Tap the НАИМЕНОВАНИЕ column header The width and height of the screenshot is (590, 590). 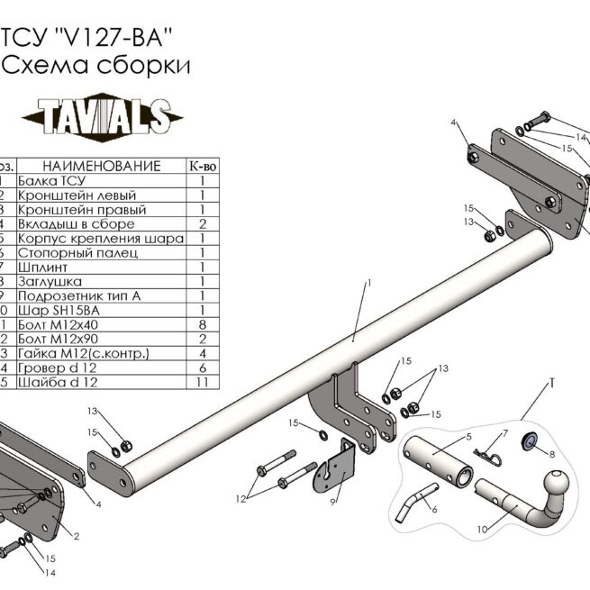click(101, 167)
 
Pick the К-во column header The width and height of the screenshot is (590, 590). click(202, 167)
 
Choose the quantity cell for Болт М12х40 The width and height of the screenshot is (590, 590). click(202, 325)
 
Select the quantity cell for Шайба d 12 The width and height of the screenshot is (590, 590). click(202, 382)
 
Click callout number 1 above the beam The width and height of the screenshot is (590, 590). click(369, 285)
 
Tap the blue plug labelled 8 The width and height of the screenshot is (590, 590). click(531, 440)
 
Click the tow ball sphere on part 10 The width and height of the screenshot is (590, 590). click(558, 477)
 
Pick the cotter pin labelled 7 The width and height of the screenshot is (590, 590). click(486, 458)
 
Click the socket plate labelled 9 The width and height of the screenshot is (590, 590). click(334, 468)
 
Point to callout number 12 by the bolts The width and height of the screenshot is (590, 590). click(241, 498)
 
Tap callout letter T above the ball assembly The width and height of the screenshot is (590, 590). click(551, 385)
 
